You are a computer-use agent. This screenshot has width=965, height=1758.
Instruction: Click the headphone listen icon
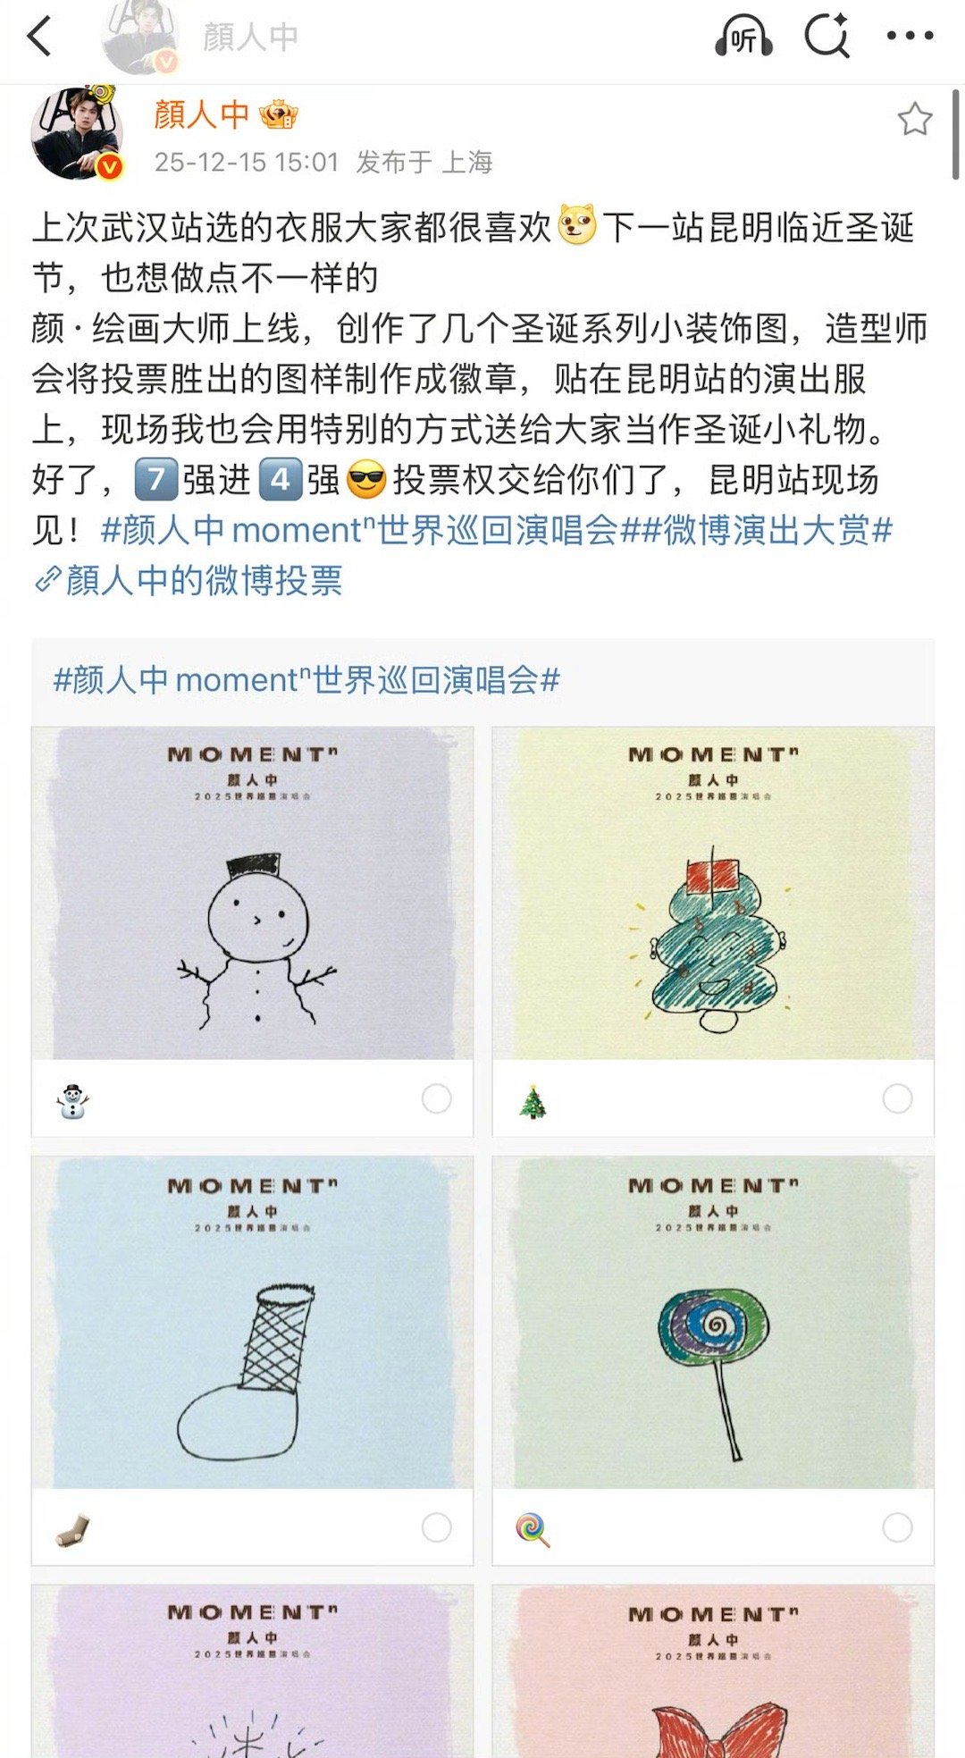pos(743,38)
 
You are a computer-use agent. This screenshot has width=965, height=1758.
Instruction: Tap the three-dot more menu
pos(910,37)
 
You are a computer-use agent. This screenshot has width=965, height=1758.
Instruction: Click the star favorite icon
pos(914,120)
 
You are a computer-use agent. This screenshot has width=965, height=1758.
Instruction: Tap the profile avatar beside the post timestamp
pos(77,132)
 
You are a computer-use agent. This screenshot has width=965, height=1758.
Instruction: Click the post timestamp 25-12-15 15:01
pos(247,162)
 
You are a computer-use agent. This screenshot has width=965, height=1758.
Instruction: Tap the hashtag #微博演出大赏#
pos(777,531)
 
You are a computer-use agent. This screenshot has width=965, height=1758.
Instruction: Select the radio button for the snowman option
pos(436,1098)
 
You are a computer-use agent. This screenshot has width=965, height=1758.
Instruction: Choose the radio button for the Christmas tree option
pos(897,1098)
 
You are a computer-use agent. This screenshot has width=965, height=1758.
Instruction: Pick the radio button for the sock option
pos(436,1527)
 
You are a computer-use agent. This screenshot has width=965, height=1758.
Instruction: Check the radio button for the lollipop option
pos(897,1527)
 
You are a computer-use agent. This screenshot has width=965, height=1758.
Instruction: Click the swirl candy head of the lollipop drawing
pos(713,1325)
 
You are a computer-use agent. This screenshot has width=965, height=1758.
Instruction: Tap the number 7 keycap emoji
pos(156,480)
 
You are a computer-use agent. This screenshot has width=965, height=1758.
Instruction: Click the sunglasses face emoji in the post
pos(365,480)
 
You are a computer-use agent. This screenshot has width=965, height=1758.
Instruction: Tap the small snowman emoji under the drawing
pos(72,1100)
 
